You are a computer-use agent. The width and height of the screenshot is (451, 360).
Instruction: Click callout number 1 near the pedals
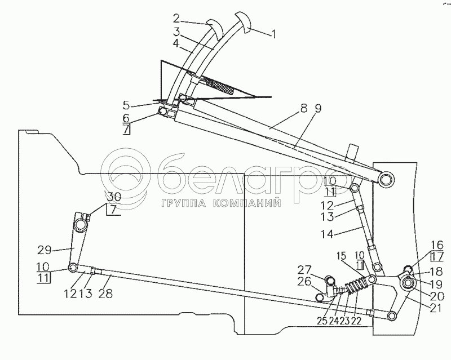point(273,34)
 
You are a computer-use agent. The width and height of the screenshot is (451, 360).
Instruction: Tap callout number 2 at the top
point(176,19)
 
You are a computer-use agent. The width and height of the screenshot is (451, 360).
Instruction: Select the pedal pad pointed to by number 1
point(243,23)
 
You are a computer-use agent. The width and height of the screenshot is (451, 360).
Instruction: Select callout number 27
point(304,270)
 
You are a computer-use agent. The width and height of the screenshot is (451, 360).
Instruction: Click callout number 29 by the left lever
point(44,250)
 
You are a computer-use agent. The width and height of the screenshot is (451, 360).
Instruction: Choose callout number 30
point(114,197)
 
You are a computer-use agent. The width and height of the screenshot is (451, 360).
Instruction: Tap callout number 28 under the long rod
point(105,294)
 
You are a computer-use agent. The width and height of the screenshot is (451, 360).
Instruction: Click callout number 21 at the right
point(435,308)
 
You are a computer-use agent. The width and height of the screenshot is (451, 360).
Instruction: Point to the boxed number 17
point(437,257)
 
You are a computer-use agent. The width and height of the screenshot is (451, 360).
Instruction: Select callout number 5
point(126,105)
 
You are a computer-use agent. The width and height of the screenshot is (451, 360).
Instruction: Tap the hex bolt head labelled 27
point(329,280)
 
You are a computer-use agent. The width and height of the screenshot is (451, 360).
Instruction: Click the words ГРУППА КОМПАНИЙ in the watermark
point(222,203)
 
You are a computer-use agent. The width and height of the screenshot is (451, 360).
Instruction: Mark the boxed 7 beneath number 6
point(126,130)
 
